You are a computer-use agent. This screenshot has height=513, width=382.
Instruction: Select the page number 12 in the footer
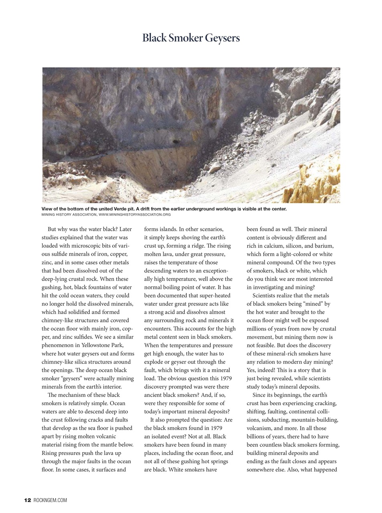[x=28, y=500]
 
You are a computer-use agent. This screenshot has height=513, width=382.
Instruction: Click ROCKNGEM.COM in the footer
[x=51, y=500]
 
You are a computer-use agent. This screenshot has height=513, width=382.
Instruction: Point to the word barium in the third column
[x=324, y=246]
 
